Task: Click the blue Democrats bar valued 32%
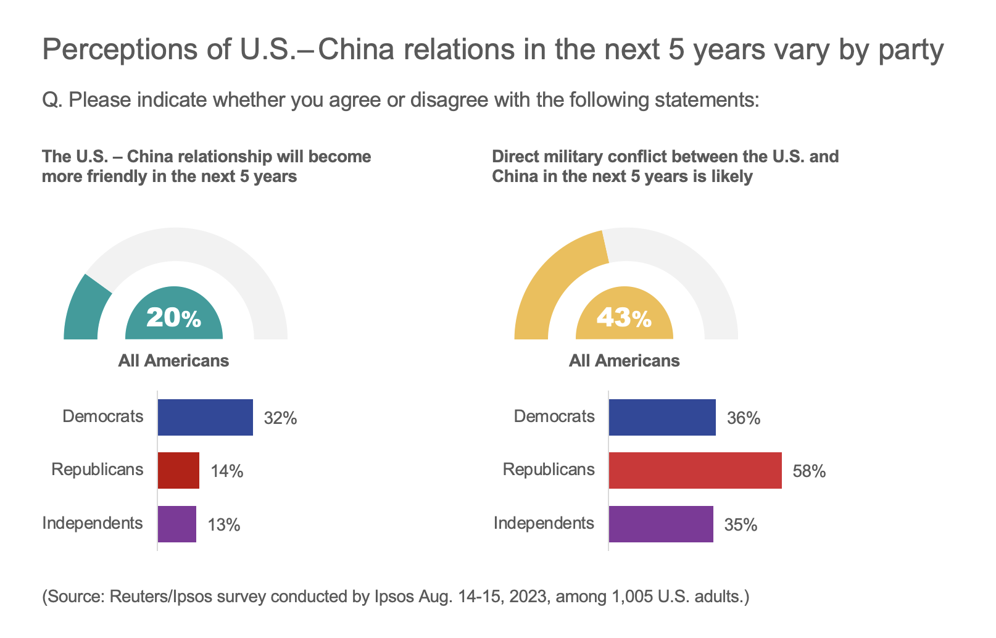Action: pyautogui.click(x=205, y=418)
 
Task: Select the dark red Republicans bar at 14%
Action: pyautogui.click(x=178, y=471)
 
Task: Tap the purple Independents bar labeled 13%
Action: pyautogui.click(x=177, y=524)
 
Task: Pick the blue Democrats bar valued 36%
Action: pyautogui.click(x=662, y=418)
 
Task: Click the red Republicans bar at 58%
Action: pyautogui.click(x=695, y=471)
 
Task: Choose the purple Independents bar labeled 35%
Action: pyautogui.click(x=661, y=524)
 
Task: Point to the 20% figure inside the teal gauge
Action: pyautogui.click(x=173, y=318)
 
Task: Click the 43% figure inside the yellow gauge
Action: pyautogui.click(x=624, y=318)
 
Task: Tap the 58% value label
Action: pyautogui.click(x=809, y=472)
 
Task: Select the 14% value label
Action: pyautogui.click(x=226, y=472)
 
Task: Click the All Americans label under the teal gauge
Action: pyautogui.click(x=173, y=361)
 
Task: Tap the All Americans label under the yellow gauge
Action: pyautogui.click(x=624, y=361)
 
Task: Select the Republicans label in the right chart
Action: pyautogui.click(x=549, y=470)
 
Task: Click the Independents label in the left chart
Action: pyautogui.click(x=93, y=523)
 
